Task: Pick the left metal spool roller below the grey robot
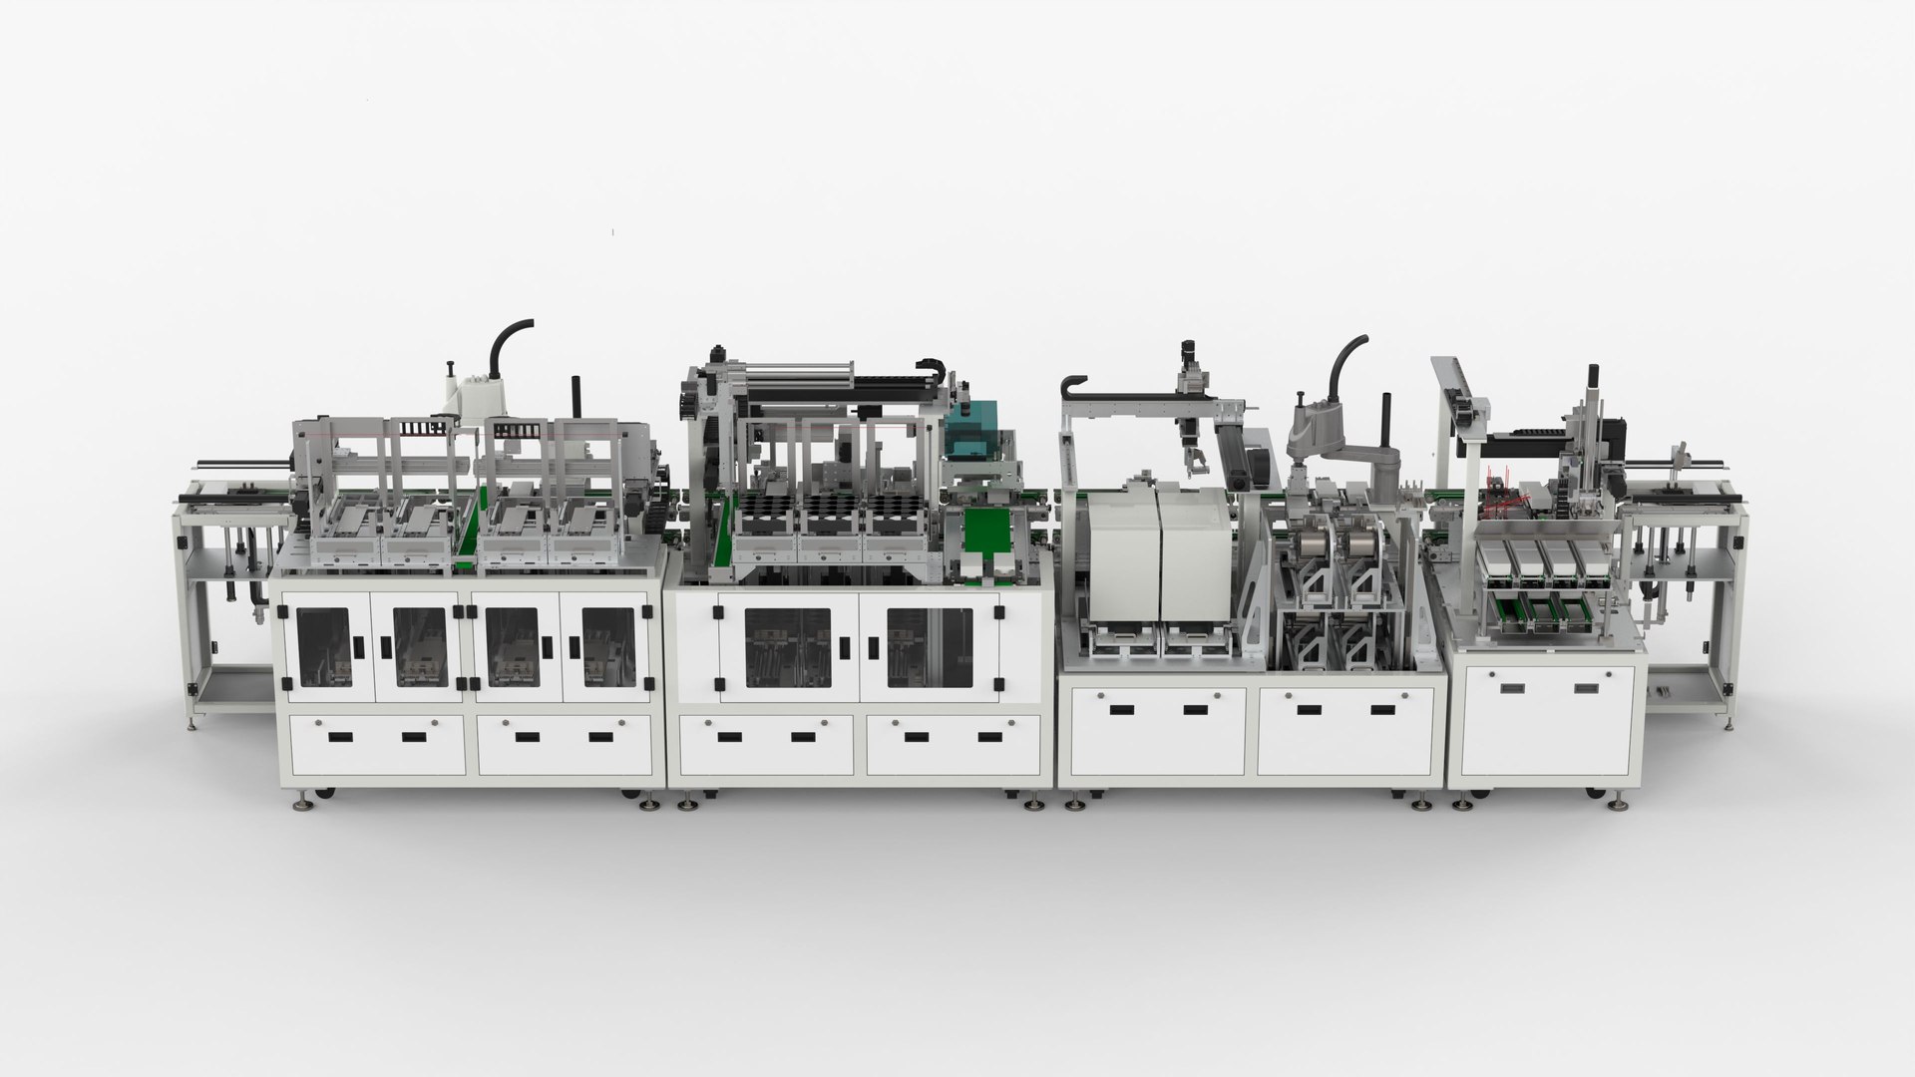(x=1311, y=548)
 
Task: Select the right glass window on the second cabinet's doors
(x=928, y=648)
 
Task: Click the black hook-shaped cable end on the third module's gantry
(x=1073, y=384)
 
